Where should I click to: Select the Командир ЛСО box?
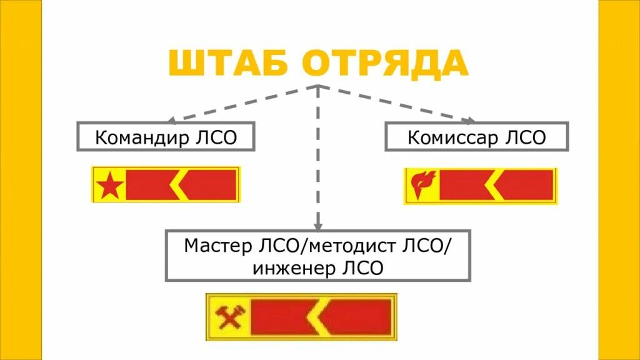point(166,136)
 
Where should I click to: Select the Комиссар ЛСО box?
point(476,136)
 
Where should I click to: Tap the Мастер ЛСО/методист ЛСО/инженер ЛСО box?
point(317,256)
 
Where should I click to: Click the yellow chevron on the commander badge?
point(179,185)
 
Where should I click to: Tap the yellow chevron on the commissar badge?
point(494,185)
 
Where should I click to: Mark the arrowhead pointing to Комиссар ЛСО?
point(471,121)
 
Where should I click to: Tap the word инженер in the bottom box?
point(293,268)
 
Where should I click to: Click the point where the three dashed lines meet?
point(319,86)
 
